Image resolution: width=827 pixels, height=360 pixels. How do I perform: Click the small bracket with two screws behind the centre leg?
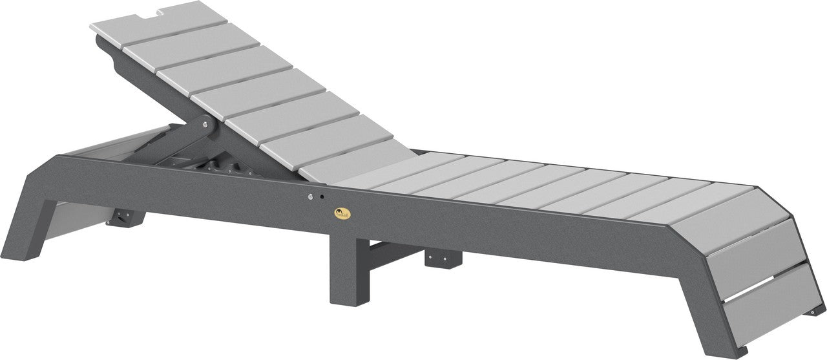[443, 259]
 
